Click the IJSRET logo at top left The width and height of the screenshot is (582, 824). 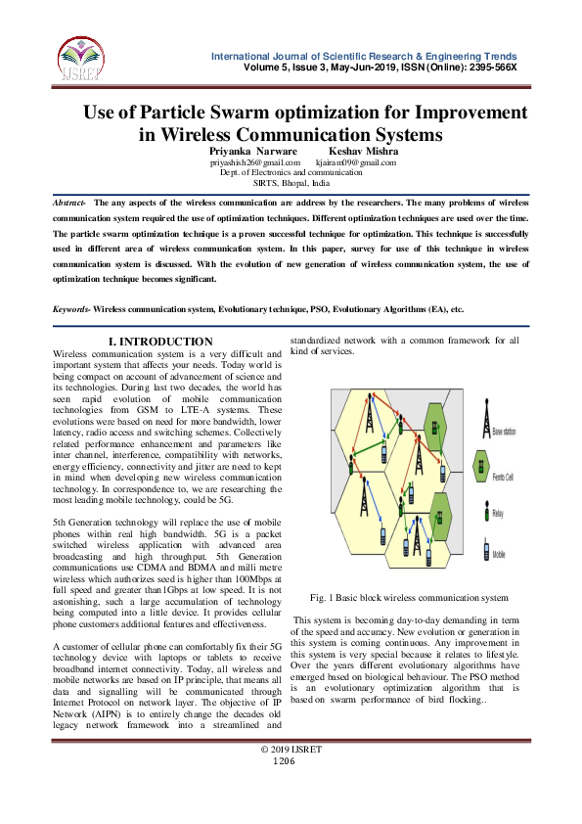(x=77, y=57)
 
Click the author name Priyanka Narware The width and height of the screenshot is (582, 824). (x=249, y=152)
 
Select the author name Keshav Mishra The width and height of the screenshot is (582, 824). (x=361, y=152)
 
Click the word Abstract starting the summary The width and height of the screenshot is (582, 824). (x=68, y=201)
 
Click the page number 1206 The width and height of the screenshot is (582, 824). (x=284, y=760)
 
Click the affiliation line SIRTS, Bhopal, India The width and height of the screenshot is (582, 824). (x=291, y=183)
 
